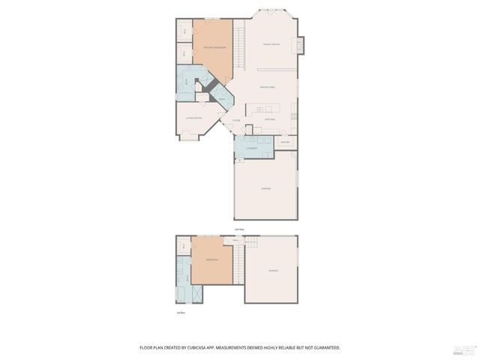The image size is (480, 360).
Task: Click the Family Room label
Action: coord(271,45)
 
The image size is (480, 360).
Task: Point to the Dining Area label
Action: coord(268,88)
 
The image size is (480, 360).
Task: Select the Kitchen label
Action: coord(269,119)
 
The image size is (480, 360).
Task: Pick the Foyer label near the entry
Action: coord(235,121)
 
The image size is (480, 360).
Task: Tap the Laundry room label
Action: coord(252,148)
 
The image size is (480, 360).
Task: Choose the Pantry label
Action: coord(284,142)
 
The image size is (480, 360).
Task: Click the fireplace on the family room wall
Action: coord(301,45)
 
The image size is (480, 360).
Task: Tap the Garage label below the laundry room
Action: coord(265,188)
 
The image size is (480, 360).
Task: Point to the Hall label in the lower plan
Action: coord(235,240)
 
